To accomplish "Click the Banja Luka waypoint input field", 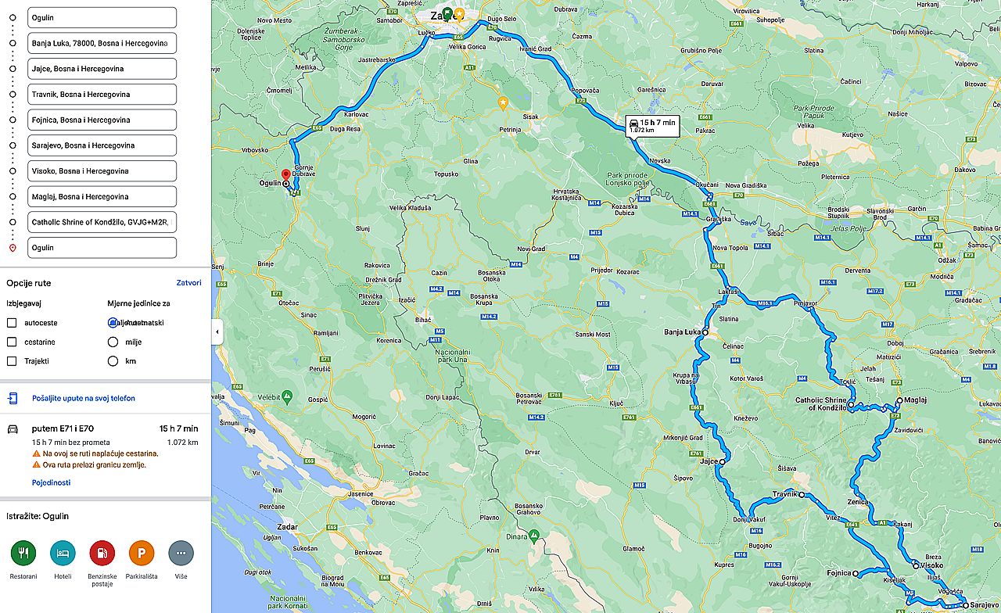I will tap(101, 43).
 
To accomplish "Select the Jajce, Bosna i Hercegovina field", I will tap(101, 69).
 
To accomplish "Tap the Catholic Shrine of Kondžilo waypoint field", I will tap(101, 222).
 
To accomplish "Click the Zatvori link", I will tap(188, 283).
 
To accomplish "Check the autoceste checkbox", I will tap(12, 322).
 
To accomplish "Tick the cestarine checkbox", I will tap(12, 342).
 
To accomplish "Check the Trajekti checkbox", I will tap(12, 361).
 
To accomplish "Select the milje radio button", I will tap(113, 342).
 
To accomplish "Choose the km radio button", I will tap(113, 361).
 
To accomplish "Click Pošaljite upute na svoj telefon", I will tap(83, 399).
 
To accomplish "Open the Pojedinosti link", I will tap(51, 482).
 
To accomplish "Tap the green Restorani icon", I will tap(23, 553).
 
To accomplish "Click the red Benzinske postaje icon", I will tap(102, 553).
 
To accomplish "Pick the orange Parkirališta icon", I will tap(142, 553).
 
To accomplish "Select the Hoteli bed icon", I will tap(63, 553).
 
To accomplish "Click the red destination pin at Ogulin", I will tap(285, 175).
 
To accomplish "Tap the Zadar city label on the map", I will tap(287, 528).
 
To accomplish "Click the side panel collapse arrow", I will tap(217, 332).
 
